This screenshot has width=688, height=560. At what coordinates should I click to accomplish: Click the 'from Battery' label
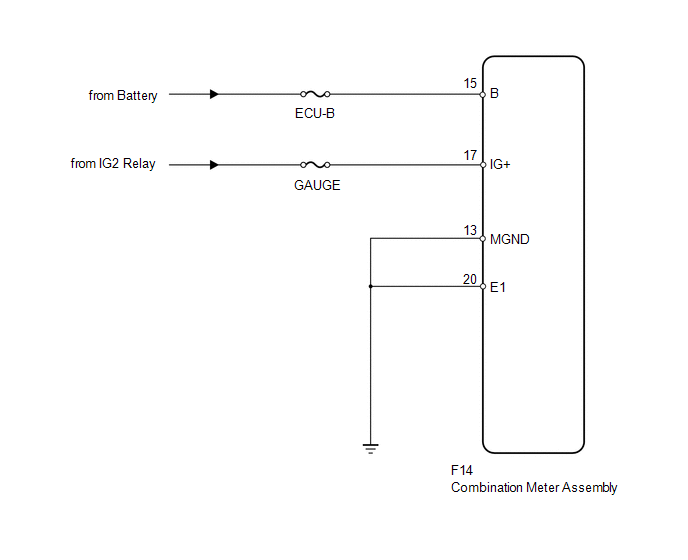[x=123, y=96]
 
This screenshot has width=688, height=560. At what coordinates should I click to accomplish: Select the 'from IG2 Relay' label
[x=113, y=164]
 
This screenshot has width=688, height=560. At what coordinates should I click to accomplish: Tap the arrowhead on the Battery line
[x=214, y=94]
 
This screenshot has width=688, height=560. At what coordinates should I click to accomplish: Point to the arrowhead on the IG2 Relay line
[x=214, y=165]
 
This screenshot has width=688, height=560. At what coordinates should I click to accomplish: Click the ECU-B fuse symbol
[x=315, y=94]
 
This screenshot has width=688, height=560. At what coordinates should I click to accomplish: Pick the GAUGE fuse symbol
[x=315, y=165]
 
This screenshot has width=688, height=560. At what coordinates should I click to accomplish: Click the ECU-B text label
[x=315, y=114]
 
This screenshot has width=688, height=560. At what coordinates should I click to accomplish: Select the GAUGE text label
[x=317, y=186]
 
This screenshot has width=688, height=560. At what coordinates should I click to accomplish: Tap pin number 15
[x=470, y=83]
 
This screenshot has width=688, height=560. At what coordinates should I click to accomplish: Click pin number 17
[x=470, y=155]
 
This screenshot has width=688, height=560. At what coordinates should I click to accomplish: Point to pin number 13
[x=470, y=230]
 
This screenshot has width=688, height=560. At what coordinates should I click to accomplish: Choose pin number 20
[x=469, y=280]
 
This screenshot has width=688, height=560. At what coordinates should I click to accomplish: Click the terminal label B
[x=494, y=93]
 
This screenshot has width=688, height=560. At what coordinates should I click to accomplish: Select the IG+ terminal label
[x=500, y=165]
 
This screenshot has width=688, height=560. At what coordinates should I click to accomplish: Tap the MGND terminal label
[x=509, y=240]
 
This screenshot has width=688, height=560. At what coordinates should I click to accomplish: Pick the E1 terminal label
[x=498, y=287]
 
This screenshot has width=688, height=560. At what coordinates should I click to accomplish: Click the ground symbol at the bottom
[x=371, y=449]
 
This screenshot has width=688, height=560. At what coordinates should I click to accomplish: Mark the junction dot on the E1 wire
[x=371, y=287]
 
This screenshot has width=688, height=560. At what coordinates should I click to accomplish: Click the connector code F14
[x=462, y=470]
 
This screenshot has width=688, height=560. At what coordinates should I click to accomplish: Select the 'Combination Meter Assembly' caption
[x=534, y=488]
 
